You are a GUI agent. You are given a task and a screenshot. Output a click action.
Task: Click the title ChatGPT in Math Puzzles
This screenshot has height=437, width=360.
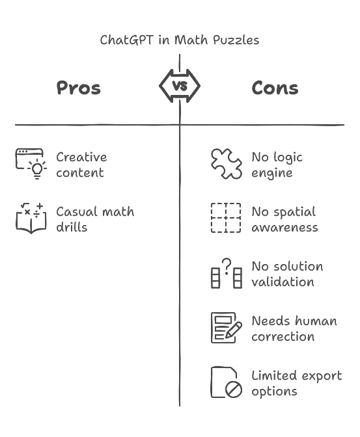pyautogui.click(x=180, y=40)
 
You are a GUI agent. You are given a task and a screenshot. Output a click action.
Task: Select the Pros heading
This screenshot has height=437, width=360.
pyautogui.click(x=78, y=88)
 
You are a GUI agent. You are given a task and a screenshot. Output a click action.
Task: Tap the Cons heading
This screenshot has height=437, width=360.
pyautogui.click(x=275, y=88)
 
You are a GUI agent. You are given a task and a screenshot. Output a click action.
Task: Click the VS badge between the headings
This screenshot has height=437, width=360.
pyautogui.click(x=180, y=86)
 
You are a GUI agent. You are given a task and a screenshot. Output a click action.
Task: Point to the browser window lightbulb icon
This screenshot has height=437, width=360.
pyautogui.click(x=31, y=164)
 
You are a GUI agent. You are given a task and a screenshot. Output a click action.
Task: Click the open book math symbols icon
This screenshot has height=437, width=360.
pyautogui.click(x=31, y=218)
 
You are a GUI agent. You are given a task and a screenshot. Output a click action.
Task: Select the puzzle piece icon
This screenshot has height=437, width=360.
pyautogui.click(x=227, y=164)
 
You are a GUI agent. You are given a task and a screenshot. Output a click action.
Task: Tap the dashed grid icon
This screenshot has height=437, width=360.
pyautogui.click(x=226, y=218)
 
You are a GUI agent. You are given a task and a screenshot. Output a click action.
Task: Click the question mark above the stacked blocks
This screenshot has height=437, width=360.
pyautogui.click(x=227, y=265)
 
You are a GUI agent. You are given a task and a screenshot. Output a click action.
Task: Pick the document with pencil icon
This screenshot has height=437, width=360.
pyautogui.click(x=227, y=328)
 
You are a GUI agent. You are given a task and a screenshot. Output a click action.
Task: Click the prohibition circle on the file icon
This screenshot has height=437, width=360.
pyautogui.click(x=234, y=389)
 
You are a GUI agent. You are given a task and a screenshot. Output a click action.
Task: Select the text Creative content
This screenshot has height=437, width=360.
pyautogui.click(x=81, y=165)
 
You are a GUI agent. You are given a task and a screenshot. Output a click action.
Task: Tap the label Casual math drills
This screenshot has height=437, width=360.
pyautogui.click(x=95, y=219)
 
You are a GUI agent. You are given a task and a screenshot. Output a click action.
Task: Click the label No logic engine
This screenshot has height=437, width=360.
pyautogui.click(x=277, y=165)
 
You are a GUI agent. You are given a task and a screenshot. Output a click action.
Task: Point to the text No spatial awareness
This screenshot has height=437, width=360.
pyautogui.click(x=284, y=219)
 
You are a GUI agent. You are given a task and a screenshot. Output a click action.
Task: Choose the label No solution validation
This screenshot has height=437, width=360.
pyautogui.click(x=288, y=274)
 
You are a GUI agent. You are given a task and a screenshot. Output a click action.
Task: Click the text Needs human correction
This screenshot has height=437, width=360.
pyautogui.click(x=294, y=328)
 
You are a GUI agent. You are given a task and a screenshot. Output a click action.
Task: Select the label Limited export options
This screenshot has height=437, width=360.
pyautogui.click(x=297, y=384)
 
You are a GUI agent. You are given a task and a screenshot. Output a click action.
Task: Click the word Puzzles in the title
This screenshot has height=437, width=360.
pyautogui.click(x=236, y=40)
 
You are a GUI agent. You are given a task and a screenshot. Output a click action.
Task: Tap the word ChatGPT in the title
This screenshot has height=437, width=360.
pyautogui.click(x=127, y=40)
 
